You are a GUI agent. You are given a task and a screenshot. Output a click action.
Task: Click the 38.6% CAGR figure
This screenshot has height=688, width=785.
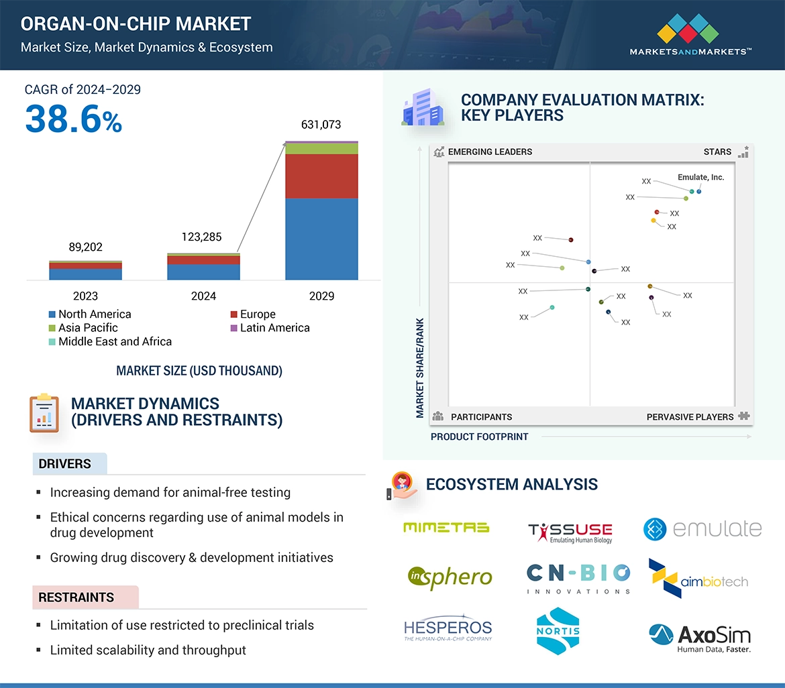73,120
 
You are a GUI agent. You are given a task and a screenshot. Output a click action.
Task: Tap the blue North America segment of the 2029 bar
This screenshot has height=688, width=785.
321,239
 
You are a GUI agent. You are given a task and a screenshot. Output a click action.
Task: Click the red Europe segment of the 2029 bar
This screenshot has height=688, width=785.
321,176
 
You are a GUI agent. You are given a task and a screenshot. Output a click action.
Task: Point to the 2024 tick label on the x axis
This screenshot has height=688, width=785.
203,296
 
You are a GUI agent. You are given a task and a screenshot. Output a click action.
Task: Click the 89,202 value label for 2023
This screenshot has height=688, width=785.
85,247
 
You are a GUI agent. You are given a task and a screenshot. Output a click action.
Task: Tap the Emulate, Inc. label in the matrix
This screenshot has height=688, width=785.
700,178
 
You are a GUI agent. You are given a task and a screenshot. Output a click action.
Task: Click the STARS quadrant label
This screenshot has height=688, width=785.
717,152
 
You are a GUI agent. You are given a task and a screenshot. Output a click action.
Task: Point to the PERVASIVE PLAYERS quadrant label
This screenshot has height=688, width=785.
690,417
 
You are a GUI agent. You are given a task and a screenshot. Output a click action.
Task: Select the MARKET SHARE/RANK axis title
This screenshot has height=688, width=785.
420,367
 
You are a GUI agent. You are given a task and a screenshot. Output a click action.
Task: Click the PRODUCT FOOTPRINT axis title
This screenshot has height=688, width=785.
479,437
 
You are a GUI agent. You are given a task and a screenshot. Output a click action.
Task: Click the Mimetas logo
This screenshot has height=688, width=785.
446,528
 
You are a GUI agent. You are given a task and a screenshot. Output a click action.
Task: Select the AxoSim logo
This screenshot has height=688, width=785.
700,638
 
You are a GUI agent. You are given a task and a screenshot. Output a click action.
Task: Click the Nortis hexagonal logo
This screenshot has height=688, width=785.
558,631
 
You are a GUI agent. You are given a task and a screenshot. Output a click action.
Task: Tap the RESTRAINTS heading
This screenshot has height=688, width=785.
76,597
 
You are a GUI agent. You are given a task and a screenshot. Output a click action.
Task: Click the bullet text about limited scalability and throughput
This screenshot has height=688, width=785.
148,650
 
